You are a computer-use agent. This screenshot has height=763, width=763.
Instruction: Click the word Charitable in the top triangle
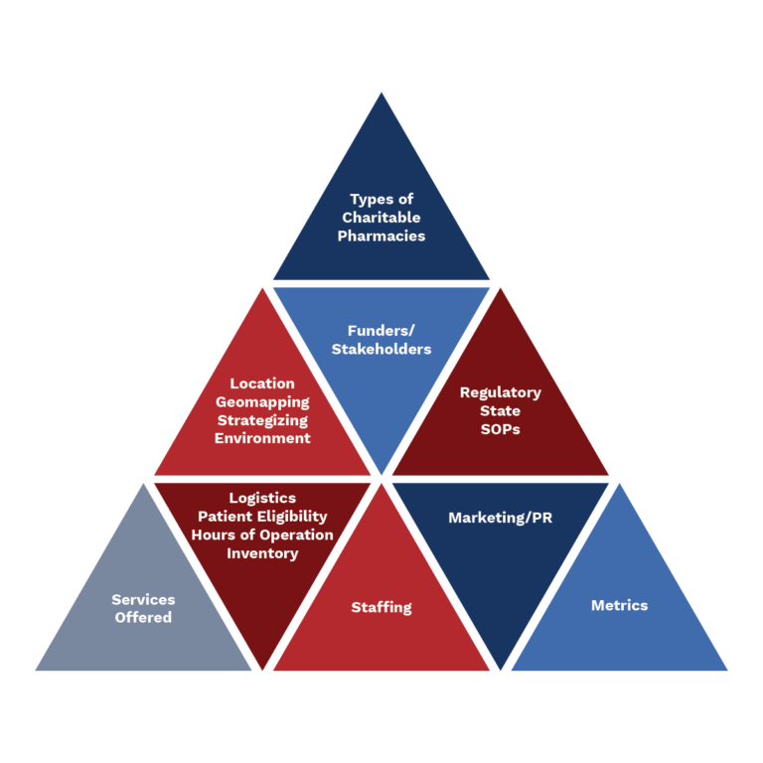click(x=381, y=218)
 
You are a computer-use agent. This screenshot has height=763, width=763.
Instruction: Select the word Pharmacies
click(x=381, y=236)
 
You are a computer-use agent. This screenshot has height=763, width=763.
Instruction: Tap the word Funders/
click(x=381, y=331)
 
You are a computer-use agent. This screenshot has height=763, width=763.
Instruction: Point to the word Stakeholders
click(x=381, y=349)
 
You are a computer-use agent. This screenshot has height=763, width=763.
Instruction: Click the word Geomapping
click(x=262, y=402)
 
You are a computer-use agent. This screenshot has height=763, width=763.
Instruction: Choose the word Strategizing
click(x=262, y=420)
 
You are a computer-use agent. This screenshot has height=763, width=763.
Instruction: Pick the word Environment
click(x=262, y=438)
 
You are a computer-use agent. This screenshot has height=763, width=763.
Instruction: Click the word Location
click(x=262, y=383)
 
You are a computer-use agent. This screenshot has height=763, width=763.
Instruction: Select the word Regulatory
click(x=500, y=392)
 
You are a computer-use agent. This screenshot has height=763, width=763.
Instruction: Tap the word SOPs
click(x=500, y=429)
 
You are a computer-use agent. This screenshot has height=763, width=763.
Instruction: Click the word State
click(x=500, y=411)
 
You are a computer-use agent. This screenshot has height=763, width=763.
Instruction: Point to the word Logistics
click(x=262, y=498)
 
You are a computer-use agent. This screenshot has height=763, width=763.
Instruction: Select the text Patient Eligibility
click(x=262, y=517)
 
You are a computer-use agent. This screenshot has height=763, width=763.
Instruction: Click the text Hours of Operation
click(x=262, y=534)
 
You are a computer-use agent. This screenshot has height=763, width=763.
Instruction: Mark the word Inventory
click(x=262, y=553)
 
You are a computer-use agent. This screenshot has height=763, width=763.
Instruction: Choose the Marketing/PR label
click(x=500, y=518)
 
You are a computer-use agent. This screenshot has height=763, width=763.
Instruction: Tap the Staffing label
click(x=381, y=607)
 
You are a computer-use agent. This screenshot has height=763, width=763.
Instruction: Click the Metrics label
click(x=619, y=605)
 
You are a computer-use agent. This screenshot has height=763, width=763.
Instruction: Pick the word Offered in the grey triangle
click(x=143, y=618)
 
